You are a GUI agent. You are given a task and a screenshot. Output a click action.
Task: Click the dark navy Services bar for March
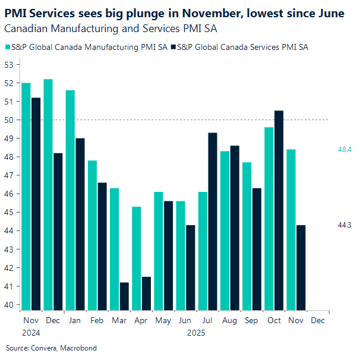[124, 296]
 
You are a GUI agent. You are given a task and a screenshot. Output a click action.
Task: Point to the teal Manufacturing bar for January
[70, 200]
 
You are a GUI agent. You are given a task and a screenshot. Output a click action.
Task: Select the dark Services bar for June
[191, 267]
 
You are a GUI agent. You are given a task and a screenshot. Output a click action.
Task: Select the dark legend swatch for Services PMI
[172, 47]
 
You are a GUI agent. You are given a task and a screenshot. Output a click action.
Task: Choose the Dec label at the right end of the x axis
[318, 321]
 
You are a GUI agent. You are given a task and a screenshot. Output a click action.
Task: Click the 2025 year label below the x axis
[197, 333]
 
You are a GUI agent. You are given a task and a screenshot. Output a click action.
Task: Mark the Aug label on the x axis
[229, 321]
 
